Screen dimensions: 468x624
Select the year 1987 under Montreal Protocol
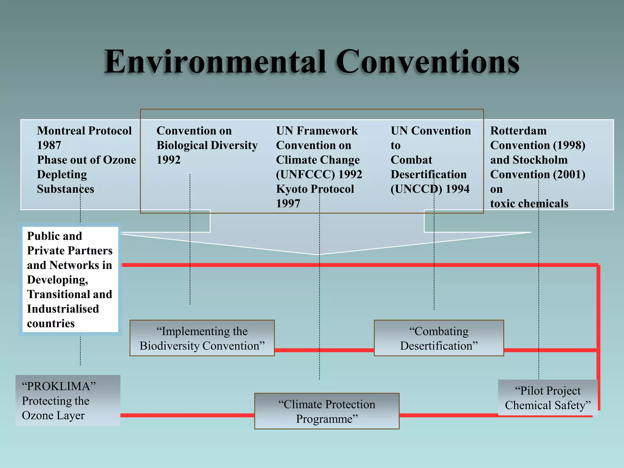[x=49, y=145]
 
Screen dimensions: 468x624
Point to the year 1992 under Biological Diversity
[x=168, y=160]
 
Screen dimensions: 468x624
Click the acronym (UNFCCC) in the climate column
[x=305, y=174]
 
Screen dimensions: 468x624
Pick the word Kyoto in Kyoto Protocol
[x=290, y=189]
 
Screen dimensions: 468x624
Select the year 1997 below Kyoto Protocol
[x=288, y=203]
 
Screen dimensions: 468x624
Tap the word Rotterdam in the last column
[x=518, y=131]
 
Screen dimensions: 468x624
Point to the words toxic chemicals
[x=529, y=203]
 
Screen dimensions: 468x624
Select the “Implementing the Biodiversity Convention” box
[x=202, y=338]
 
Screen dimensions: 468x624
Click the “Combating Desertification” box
[x=439, y=338]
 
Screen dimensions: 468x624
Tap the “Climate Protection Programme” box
[x=327, y=411]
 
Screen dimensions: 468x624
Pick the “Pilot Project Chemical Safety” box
[x=548, y=398]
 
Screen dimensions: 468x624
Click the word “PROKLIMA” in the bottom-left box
[x=59, y=386]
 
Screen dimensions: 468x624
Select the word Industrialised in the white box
[x=63, y=309]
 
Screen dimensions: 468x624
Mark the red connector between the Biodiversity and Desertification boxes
[x=324, y=350]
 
